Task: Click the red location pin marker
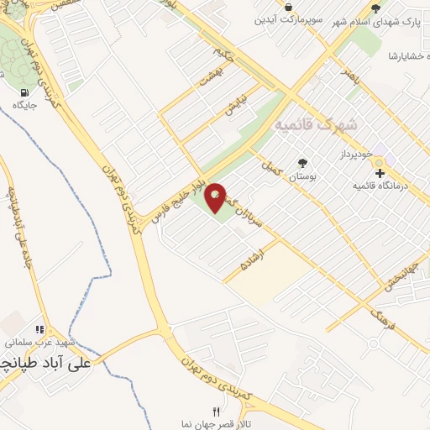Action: point(216,197)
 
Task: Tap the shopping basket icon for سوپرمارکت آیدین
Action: point(289,8)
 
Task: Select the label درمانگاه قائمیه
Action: point(380,185)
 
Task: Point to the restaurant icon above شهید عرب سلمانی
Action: point(38,330)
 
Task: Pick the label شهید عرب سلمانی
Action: point(38,343)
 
